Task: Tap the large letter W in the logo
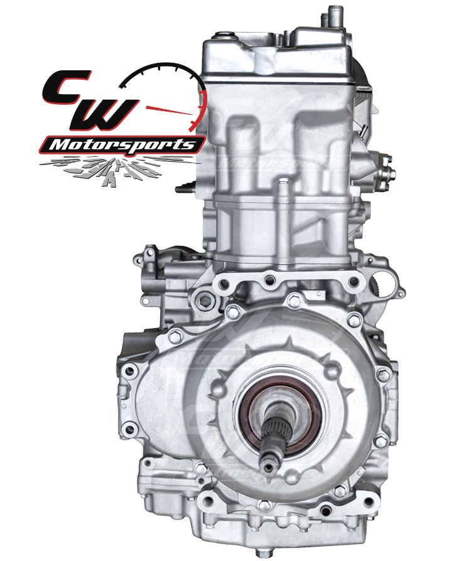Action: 102,114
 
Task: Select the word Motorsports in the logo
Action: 122,144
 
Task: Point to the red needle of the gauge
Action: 169,110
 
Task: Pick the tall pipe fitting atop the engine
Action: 335,16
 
